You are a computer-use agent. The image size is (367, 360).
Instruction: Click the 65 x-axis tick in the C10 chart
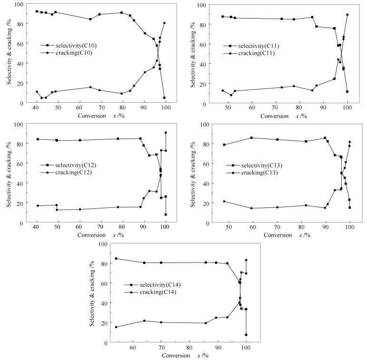90,108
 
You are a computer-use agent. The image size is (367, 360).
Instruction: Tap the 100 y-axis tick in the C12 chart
24,124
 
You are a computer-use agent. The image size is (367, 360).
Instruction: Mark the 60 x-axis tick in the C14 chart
132,348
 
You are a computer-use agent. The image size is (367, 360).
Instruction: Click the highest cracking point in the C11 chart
347,15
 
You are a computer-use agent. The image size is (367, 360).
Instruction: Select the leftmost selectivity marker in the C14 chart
116,259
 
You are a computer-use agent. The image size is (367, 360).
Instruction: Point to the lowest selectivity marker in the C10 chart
164,98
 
